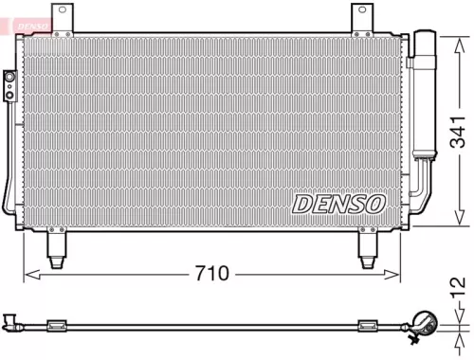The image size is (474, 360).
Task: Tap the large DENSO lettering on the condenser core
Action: pyautogui.click(x=338, y=203)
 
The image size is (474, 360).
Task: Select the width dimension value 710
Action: pyautogui.click(x=213, y=275)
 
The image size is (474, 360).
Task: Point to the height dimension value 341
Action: pyautogui.click(x=458, y=133)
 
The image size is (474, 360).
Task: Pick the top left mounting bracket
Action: pyautogui.click(x=64, y=19)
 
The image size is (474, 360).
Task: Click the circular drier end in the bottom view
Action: pyautogui.click(x=423, y=324)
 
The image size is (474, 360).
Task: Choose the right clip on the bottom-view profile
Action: pyautogui.click(x=367, y=327)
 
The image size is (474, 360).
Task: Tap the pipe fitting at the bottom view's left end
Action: pyautogui.click(x=10, y=323)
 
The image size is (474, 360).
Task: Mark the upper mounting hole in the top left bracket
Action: pyautogui.click(x=64, y=10)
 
